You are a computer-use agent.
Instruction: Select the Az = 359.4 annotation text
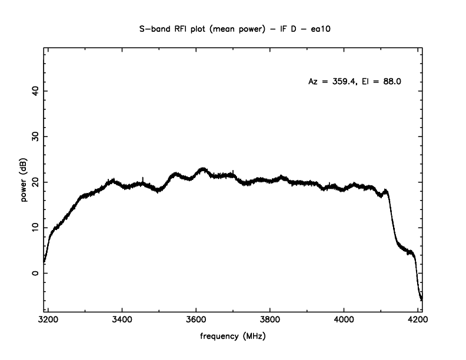click(x=331, y=82)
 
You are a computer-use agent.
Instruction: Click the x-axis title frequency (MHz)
click(x=233, y=339)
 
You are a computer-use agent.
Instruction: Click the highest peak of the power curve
click(x=202, y=168)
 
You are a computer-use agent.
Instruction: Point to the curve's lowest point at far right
click(x=421, y=300)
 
